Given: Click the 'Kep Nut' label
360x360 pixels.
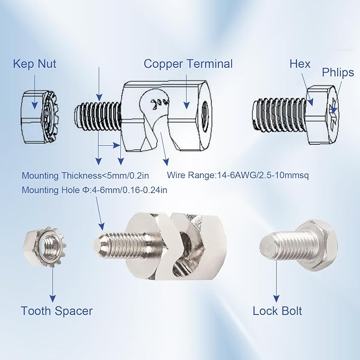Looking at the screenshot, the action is [34, 64].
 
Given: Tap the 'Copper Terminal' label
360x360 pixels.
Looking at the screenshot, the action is [188, 64].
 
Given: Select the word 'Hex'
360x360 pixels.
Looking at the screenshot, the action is [300, 64].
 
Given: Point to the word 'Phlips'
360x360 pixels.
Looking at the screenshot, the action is [338, 73].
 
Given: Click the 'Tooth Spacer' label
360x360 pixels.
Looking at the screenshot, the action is [57, 311].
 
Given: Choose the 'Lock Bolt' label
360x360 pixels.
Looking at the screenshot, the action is [277, 311].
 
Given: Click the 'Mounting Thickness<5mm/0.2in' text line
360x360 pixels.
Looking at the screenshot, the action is [85, 175].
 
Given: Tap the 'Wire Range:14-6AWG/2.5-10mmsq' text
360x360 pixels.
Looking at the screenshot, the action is [238, 175].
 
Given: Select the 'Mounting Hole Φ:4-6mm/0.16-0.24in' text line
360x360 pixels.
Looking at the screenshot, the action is [94, 190].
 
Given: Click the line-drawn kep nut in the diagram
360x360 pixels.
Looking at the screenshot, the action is [39, 117].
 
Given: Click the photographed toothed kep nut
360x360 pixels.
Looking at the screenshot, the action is [45, 247].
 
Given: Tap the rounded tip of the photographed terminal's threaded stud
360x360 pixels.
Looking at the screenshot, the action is [98, 244].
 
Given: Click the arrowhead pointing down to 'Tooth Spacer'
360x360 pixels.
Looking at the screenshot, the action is [53, 298].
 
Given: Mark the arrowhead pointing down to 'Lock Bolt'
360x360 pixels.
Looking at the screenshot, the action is [277, 298].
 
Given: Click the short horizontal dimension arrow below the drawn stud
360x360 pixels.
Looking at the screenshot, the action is [109, 145].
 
